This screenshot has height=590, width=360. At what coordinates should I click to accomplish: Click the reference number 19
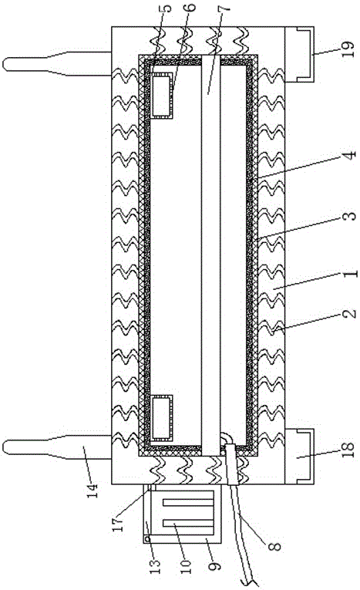[x=348, y=49]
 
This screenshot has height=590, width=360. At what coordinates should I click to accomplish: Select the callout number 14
[x=93, y=490]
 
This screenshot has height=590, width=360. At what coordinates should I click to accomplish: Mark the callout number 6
[x=191, y=8]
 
